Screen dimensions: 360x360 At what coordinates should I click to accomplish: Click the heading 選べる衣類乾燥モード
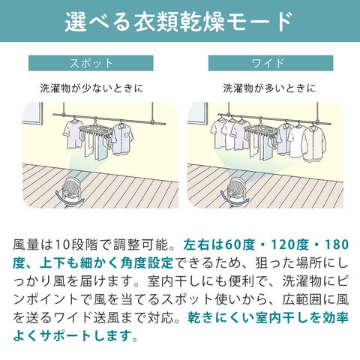coord(178,22)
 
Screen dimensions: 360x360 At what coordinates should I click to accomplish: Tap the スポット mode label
coord(91,63)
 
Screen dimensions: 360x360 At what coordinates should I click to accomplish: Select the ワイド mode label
coord(271,63)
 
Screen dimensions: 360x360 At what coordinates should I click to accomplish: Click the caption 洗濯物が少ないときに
coord(91,88)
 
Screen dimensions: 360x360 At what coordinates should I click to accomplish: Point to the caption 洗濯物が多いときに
coord(269,88)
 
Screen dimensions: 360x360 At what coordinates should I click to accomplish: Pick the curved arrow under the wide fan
coord(234,199)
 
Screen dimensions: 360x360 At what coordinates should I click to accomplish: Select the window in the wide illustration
coord(198,113)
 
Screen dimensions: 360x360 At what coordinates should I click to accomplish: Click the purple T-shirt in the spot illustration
coord(73,133)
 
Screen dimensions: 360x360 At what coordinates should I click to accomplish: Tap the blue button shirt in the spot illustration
coord(122,139)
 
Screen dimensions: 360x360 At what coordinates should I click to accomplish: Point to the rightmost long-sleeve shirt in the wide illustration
coord(314,144)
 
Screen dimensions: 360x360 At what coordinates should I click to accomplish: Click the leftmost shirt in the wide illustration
coord(218,134)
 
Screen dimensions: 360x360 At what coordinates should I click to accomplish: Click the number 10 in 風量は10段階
coord(61,245)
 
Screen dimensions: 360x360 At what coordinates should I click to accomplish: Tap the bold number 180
coord(337,245)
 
